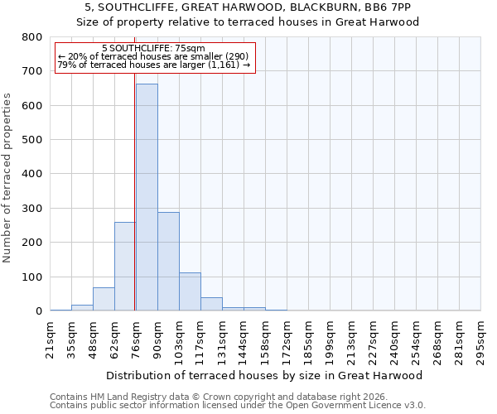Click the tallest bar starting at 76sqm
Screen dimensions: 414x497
click(147, 197)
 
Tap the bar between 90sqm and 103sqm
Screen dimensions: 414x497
click(168, 261)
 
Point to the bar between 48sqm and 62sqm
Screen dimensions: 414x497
click(104, 299)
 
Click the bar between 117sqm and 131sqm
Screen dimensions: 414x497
click(211, 304)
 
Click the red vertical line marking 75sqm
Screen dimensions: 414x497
click(134, 207)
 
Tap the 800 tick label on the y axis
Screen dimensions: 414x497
click(32, 37)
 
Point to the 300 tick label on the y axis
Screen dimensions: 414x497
click(32, 209)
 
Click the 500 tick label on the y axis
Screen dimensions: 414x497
click(32, 140)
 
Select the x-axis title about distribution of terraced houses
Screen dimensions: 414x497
click(265, 375)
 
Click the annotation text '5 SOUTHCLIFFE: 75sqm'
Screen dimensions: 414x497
click(153, 49)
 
